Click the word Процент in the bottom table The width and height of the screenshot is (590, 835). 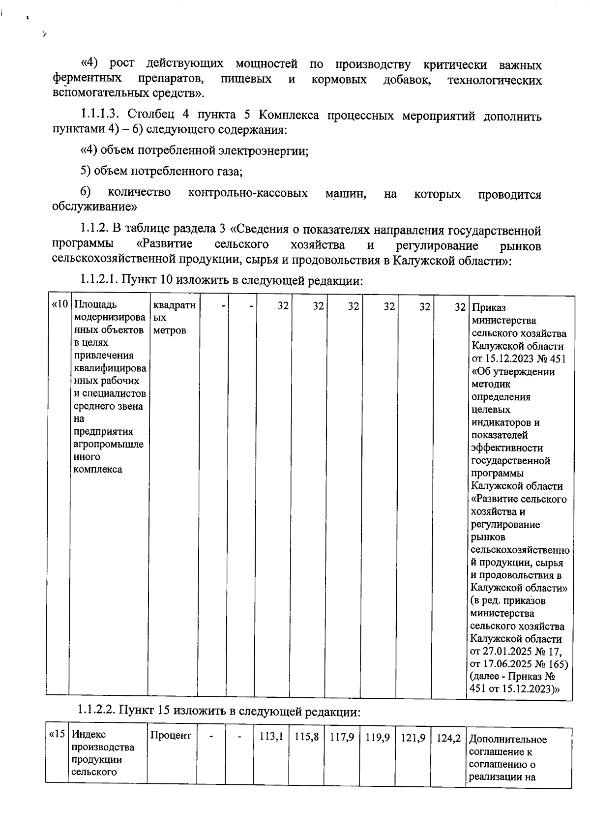[x=171, y=735]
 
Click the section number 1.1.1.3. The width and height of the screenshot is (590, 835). [x=101, y=116]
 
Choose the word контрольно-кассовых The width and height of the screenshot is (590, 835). [x=248, y=193]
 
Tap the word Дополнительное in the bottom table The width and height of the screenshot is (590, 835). [x=508, y=740]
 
